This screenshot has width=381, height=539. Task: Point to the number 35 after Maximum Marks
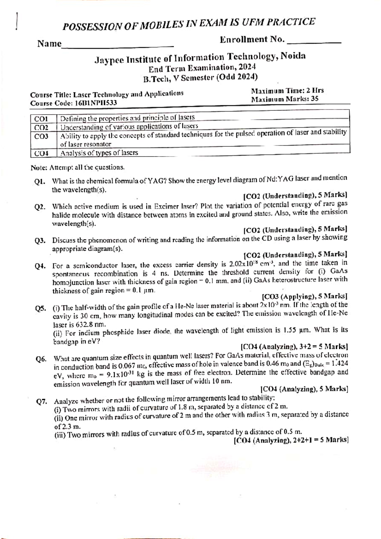(x=315, y=99)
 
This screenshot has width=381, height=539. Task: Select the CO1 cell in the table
(x=41, y=119)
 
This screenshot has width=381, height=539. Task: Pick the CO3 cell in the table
(x=41, y=136)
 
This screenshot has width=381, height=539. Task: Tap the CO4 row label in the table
(x=41, y=154)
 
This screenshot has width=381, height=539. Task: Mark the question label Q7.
(x=42, y=402)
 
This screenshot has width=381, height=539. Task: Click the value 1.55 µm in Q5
(x=294, y=330)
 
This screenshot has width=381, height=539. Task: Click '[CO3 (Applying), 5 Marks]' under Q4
(x=304, y=297)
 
